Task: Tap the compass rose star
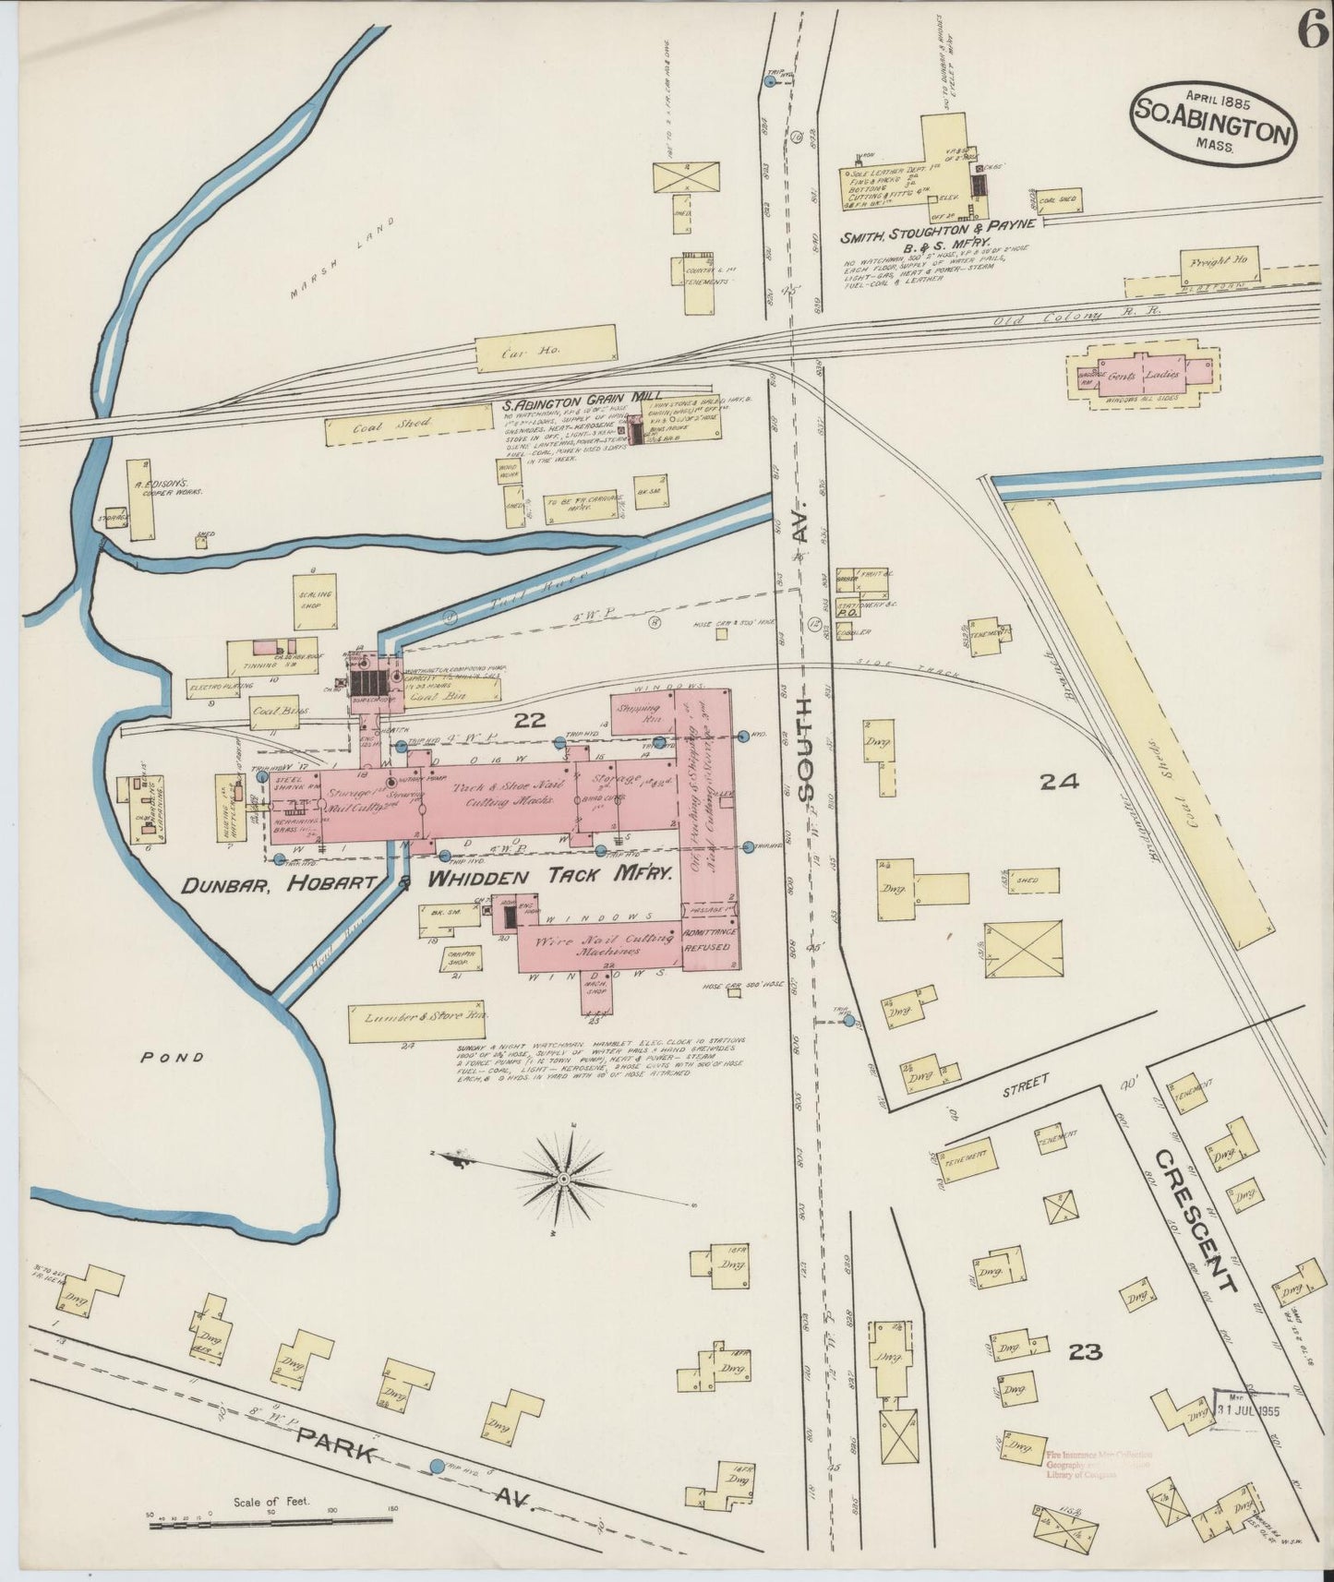tap(562, 1179)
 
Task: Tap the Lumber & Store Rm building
tap(417, 1022)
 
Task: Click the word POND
tap(172, 1059)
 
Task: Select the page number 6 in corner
tap(1310, 33)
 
